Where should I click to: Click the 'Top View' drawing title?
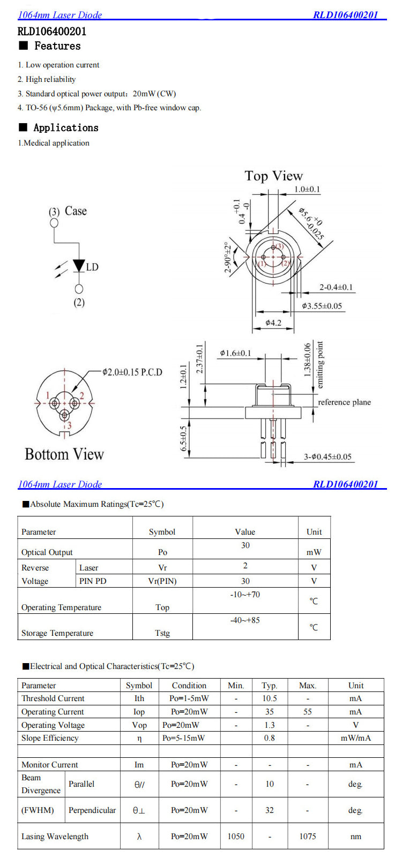pyautogui.click(x=273, y=176)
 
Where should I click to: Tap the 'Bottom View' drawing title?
pyautogui.click(x=64, y=454)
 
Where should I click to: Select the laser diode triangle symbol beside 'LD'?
pyautogui.click(x=79, y=266)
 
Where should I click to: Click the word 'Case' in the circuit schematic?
pyautogui.click(x=76, y=211)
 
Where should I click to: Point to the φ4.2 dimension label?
pyautogui.click(x=273, y=323)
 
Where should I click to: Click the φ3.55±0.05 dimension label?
pyautogui.click(x=322, y=306)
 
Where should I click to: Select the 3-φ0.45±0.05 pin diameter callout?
pyautogui.click(x=327, y=457)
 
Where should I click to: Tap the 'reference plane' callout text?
pyautogui.click(x=344, y=402)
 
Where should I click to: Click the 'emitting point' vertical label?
pyautogui.click(x=320, y=365)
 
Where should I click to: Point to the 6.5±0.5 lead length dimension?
pyautogui.click(x=184, y=438)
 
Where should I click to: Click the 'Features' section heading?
pyautogui.click(x=57, y=46)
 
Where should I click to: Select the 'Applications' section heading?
pyautogui.click(x=66, y=127)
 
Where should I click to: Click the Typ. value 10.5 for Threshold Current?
pyautogui.click(x=270, y=698)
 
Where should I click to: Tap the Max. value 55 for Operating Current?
pyautogui.click(x=308, y=712)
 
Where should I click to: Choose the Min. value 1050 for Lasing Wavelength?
pyautogui.click(x=236, y=836)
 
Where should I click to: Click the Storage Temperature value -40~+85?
pyautogui.click(x=245, y=620)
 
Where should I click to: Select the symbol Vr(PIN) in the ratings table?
pyautogui.click(x=162, y=581)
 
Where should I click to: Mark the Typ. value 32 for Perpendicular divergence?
pyautogui.click(x=270, y=810)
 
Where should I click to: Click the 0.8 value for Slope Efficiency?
pyautogui.click(x=270, y=738)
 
